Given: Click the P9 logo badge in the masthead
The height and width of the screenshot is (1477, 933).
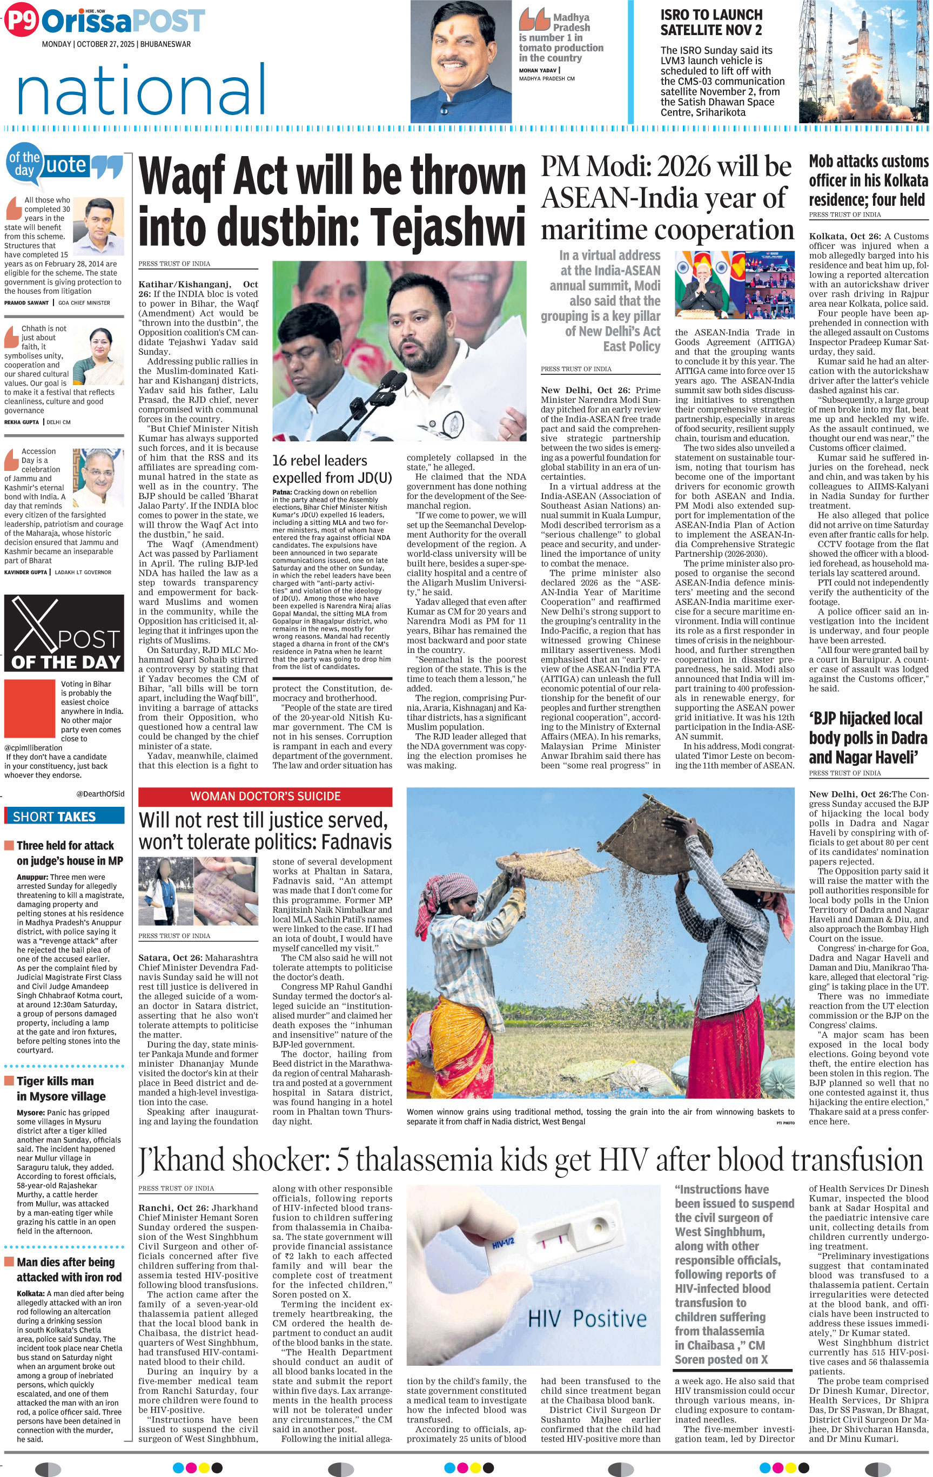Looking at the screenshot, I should (21, 22).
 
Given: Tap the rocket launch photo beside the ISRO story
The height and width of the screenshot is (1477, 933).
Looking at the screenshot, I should (863, 62).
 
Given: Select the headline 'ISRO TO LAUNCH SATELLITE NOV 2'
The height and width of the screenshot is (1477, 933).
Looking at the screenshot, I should (711, 22).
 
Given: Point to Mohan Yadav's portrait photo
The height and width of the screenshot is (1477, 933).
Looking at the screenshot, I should (461, 62).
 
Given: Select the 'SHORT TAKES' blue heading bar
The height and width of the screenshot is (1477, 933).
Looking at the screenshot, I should (64, 817).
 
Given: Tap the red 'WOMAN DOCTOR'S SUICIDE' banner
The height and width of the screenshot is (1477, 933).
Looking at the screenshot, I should (265, 796).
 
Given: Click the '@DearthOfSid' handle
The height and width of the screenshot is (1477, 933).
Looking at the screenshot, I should (100, 794).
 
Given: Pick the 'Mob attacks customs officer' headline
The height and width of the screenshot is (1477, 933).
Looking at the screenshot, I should (868, 180).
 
